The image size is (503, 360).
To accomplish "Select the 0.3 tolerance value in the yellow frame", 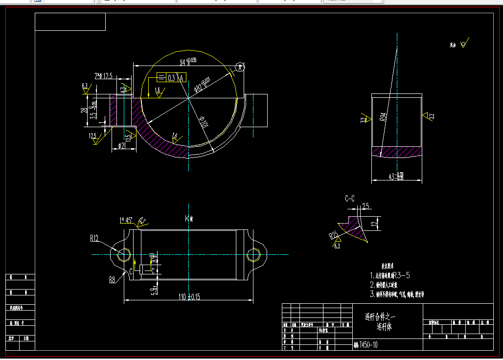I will tap(172, 78).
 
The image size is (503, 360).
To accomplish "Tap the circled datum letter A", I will tap(239, 67).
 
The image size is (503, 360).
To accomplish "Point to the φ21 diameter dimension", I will tap(122, 145).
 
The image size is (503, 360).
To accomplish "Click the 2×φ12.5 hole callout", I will tap(103, 76).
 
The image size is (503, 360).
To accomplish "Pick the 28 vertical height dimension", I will tap(84, 110).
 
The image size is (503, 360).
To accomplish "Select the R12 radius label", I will tap(94, 239).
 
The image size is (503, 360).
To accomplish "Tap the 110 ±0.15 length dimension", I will tap(188, 296).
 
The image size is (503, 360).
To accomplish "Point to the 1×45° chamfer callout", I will tap(126, 220).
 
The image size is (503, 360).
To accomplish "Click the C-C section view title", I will tap(350, 199).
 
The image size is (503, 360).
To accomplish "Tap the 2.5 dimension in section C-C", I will tap(366, 206).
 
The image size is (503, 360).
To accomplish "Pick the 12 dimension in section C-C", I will tap(375, 224).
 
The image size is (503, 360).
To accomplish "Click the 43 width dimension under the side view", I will tap(396, 176).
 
